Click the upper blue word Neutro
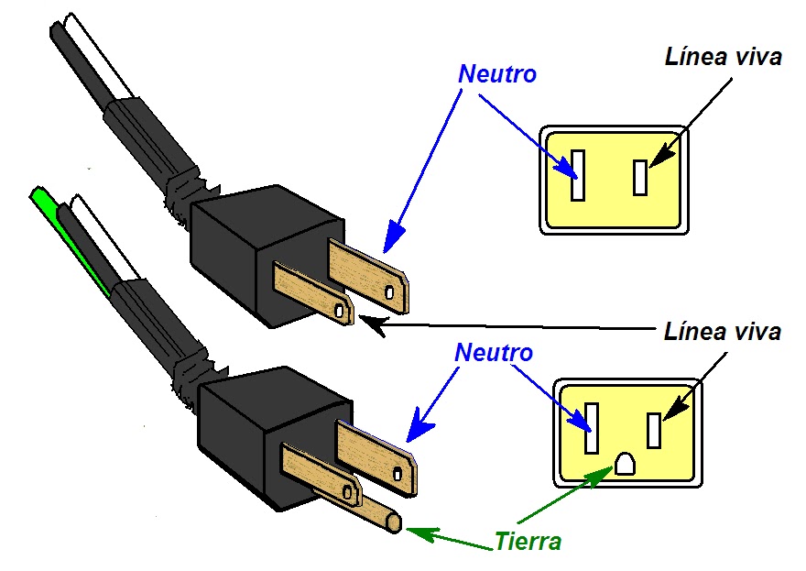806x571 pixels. coord(497,74)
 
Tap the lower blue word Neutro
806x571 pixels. coord(494,353)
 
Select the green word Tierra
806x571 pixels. coord(528,541)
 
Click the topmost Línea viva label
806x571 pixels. coord(724,57)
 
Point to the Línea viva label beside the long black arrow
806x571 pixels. coord(723,331)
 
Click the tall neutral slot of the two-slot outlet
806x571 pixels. coord(578,175)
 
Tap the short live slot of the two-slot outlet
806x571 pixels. coord(640,178)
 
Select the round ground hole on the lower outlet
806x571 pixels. coord(625,464)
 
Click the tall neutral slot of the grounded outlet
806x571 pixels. coord(592,428)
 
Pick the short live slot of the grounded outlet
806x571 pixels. coord(654,431)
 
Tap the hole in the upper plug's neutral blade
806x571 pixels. coord(389,292)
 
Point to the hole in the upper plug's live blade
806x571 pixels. coord(339,310)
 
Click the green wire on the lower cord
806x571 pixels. coord(67,237)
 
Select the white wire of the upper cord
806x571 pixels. coord(99,57)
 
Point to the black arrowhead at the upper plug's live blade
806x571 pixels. coord(372,326)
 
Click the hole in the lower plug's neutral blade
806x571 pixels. coord(398,474)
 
